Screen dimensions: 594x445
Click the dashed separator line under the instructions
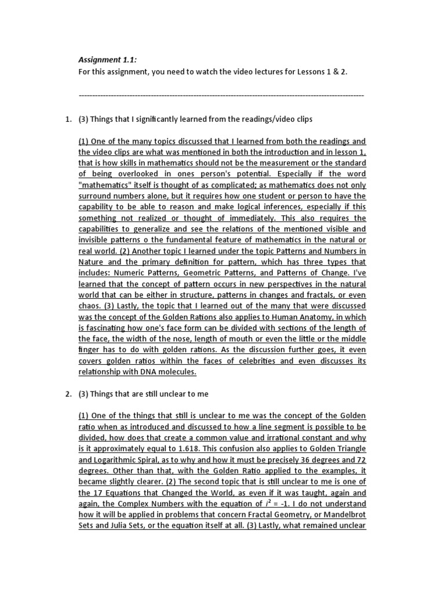tap(221, 95)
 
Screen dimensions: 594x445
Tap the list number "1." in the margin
tap(67, 119)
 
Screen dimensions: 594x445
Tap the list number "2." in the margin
tap(67, 394)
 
